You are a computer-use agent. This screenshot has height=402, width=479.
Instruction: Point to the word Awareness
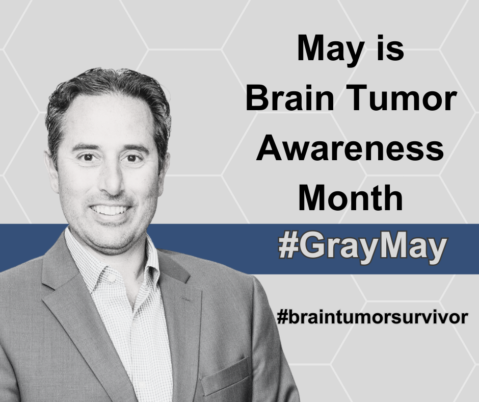[350, 148]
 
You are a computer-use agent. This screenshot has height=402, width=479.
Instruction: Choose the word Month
[351, 197]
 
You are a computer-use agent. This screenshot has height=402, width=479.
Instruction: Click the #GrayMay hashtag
[363, 247]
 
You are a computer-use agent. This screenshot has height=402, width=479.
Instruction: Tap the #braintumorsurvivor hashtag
[372, 317]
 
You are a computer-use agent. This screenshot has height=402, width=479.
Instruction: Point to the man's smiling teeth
[110, 210]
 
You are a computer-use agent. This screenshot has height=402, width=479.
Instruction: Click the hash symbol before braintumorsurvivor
[282, 317]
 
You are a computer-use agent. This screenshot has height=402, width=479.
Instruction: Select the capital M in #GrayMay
[392, 246]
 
